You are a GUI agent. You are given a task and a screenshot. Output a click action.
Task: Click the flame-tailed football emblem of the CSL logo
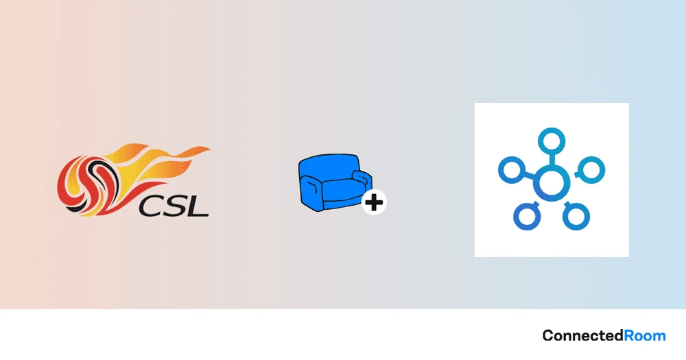134,180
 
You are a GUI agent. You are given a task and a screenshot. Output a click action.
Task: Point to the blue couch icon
335,182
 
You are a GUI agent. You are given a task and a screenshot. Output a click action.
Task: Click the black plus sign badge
374,202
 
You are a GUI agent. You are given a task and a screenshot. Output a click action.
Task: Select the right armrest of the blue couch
362,180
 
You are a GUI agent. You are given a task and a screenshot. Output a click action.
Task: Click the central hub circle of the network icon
552,183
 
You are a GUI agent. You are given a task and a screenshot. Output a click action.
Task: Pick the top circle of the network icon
552,141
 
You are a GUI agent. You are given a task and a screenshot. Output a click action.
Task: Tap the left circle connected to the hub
512,170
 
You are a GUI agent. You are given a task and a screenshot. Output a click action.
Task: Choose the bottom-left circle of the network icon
527,216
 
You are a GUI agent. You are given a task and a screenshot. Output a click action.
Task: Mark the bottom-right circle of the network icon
576,216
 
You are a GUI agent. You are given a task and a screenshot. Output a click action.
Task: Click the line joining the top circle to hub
552,160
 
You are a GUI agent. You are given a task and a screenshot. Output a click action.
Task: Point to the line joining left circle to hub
530,176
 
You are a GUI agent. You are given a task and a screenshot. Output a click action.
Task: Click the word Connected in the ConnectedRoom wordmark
583,335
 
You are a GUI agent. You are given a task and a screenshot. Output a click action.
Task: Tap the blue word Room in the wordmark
645,336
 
